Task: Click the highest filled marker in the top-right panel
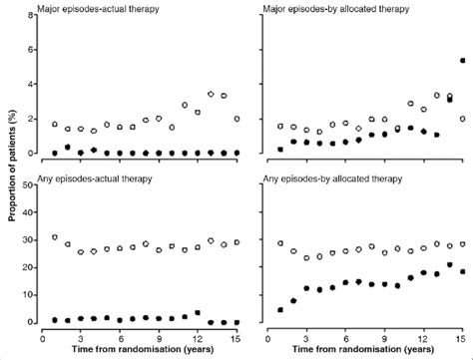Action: [462, 61]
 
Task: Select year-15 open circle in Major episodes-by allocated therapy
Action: [462, 119]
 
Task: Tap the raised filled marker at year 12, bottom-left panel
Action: [198, 313]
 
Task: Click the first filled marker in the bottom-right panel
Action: [280, 310]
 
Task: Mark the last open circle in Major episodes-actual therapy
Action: [236, 119]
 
